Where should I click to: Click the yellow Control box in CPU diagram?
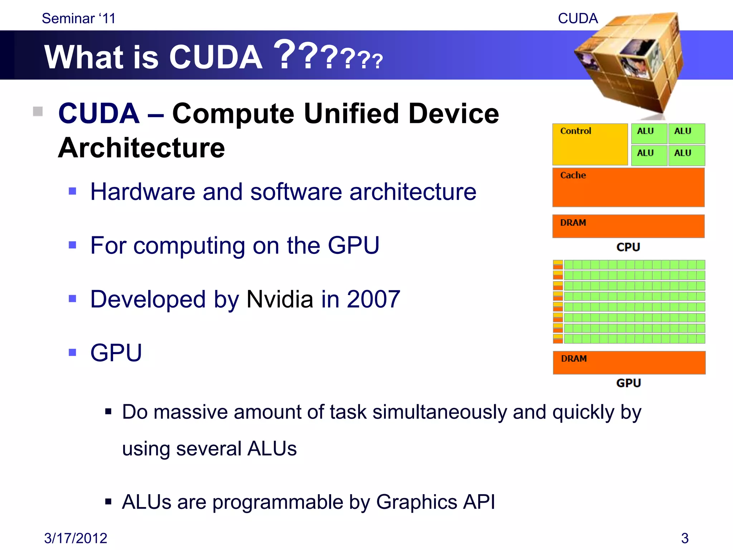click(x=590, y=144)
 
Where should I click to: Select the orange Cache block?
click(x=628, y=187)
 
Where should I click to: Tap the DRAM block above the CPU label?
click(x=628, y=226)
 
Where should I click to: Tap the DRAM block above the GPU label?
click(x=629, y=362)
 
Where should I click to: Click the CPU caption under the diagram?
click(x=628, y=247)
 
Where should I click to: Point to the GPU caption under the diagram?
click(x=628, y=383)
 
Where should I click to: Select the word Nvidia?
click(x=280, y=299)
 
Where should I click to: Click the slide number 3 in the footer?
click(x=684, y=538)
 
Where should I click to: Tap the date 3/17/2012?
click(x=76, y=538)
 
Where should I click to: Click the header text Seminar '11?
click(x=79, y=19)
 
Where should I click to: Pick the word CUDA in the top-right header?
click(x=578, y=19)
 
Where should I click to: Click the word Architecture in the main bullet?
click(x=141, y=148)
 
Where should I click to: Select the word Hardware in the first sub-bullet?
click(x=142, y=192)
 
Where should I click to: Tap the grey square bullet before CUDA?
click(x=38, y=112)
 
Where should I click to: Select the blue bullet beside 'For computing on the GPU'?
click(x=73, y=245)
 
